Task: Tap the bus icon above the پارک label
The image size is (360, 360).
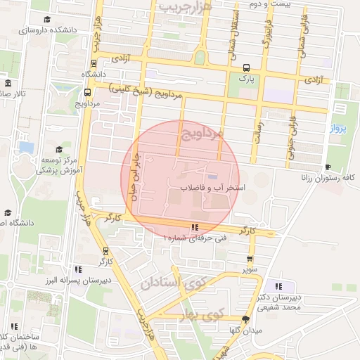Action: (x=246, y=68)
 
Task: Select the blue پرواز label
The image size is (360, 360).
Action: (x=337, y=129)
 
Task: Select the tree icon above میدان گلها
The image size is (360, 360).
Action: (x=245, y=319)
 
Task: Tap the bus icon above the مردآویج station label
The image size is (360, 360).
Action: (x=87, y=91)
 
